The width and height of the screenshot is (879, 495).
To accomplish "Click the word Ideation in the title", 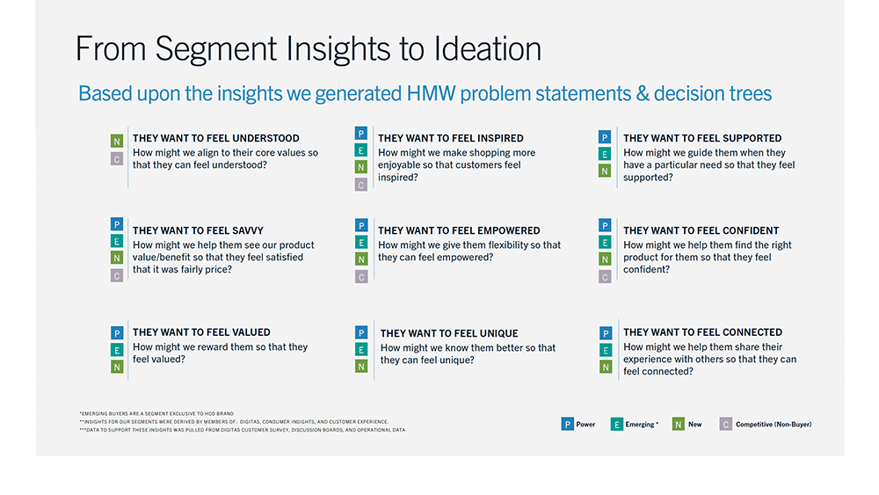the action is click(x=487, y=48).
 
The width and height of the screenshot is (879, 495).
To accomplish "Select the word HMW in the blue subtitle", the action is click(x=431, y=93).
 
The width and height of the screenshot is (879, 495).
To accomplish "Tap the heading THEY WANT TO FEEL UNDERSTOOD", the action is click(x=216, y=138).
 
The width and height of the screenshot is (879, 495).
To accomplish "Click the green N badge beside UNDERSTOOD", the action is click(x=117, y=142).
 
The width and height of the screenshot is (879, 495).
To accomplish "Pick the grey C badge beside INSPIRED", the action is click(x=361, y=185).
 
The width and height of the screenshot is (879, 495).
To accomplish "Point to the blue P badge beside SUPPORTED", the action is click(x=605, y=137).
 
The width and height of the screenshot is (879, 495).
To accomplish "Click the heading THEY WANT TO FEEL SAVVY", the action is click(x=198, y=230).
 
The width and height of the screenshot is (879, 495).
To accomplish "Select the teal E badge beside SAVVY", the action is click(x=117, y=242).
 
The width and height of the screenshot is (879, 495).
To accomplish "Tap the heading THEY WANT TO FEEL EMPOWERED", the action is click(x=459, y=230).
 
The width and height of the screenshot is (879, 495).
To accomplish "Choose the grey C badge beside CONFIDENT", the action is click(x=605, y=276).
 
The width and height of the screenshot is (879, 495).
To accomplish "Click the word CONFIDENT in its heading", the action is click(x=751, y=230).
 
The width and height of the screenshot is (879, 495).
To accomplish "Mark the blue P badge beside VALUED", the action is click(x=117, y=333).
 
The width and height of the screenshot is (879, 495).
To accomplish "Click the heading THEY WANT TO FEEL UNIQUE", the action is click(x=449, y=333).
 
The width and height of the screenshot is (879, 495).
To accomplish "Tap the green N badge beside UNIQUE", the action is click(x=361, y=367).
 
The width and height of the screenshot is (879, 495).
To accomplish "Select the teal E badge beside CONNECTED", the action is click(x=606, y=350).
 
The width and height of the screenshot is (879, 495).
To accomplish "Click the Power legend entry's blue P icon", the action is click(x=567, y=425).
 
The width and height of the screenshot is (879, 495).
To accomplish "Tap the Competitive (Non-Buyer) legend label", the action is click(x=774, y=425).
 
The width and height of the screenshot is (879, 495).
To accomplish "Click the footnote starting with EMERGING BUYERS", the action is click(x=156, y=414).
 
